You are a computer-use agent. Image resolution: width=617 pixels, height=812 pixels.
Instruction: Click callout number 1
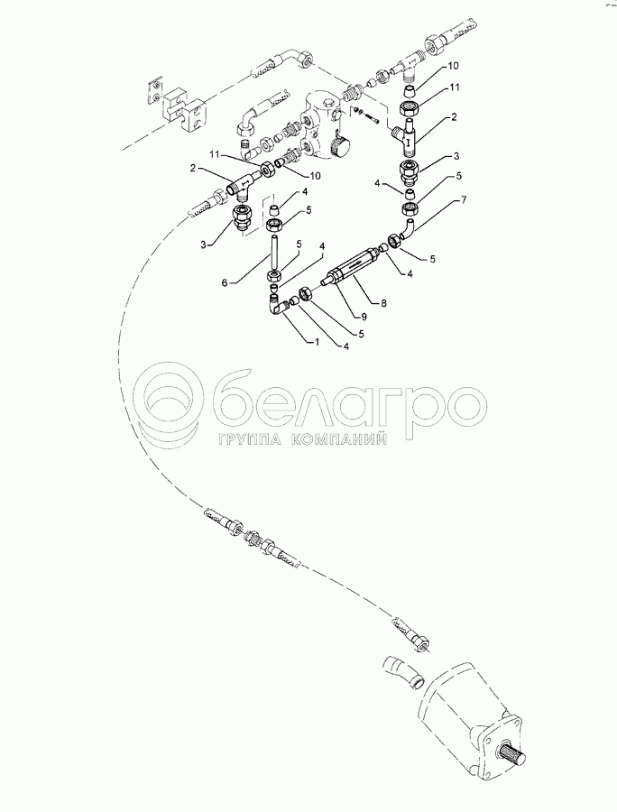[316, 342]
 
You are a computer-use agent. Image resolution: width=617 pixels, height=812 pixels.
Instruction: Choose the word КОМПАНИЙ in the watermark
[338, 440]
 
